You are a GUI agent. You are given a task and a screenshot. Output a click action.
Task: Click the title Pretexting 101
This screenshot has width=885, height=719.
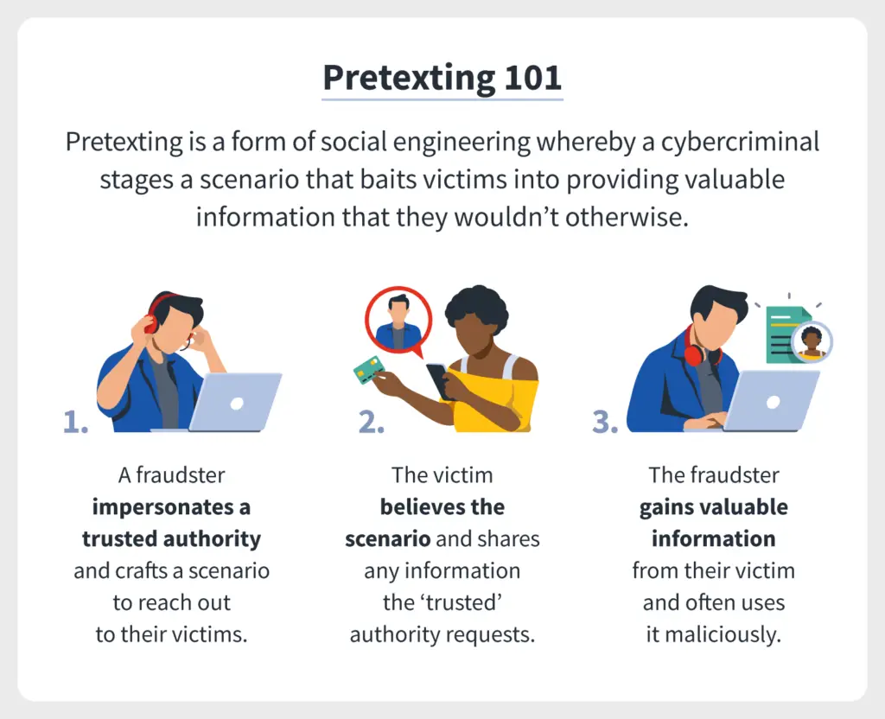442,77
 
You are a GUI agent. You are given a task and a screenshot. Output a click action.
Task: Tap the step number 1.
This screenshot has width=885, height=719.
76,422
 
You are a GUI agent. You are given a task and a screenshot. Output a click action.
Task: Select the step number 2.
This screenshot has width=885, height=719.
372,422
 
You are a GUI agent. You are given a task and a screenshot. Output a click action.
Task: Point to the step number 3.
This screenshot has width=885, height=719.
605,422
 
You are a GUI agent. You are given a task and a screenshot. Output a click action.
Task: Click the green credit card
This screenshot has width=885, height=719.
368,370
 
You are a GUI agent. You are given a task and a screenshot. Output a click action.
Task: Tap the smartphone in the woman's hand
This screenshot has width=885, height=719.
440,380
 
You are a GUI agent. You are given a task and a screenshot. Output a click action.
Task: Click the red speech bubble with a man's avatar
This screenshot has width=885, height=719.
398,321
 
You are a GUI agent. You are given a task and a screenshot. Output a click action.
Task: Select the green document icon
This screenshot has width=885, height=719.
788,334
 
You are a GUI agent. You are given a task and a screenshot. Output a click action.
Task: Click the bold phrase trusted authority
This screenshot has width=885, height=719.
172,539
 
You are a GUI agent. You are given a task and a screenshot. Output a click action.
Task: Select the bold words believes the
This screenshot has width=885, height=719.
442,506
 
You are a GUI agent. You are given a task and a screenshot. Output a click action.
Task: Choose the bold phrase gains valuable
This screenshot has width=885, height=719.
713,507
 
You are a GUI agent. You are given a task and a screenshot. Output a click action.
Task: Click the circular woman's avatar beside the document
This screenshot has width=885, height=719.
812,341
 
